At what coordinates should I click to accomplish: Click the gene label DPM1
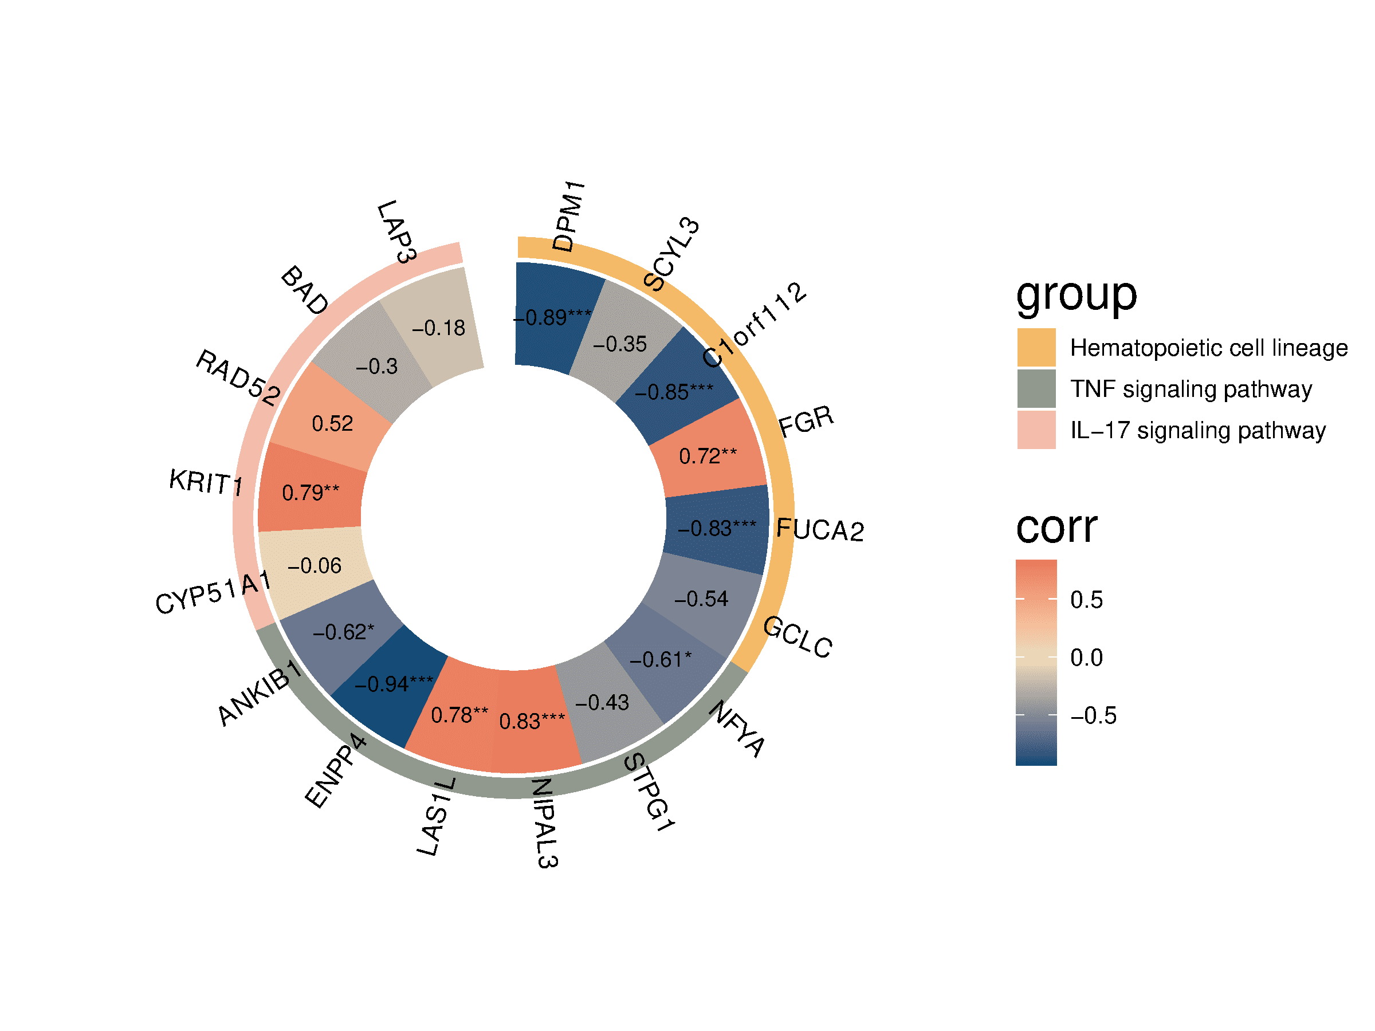(x=568, y=217)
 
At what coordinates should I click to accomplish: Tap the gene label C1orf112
(x=754, y=324)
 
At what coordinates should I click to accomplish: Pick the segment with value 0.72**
(x=708, y=456)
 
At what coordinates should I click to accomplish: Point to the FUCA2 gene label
(x=820, y=529)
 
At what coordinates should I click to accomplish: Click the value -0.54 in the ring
(x=701, y=599)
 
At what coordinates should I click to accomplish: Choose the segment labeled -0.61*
(x=660, y=659)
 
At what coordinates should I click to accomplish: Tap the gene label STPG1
(x=649, y=792)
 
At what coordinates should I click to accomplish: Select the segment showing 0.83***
(x=532, y=722)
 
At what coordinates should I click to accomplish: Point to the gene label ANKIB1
(x=260, y=692)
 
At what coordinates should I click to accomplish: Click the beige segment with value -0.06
(x=315, y=565)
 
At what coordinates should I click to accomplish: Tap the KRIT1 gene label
(x=206, y=482)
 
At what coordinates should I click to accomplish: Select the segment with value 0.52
(x=332, y=423)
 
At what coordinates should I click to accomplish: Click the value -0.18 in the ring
(x=439, y=328)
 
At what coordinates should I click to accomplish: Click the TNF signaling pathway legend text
(x=1191, y=389)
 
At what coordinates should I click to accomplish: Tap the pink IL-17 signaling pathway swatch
(x=1036, y=430)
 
